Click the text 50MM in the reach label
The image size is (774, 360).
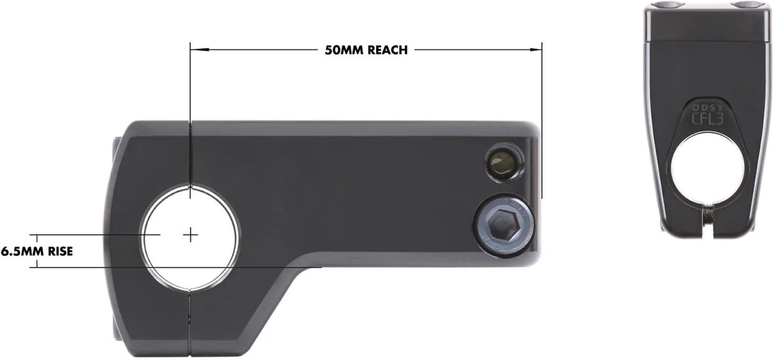(x=344, y=50)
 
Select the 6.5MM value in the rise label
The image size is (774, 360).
(x=22, y=251)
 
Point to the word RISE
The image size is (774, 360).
(x=59, y=251)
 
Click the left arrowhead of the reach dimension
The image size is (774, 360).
(x=194, y=48)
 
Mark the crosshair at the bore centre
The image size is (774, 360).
(x=190, y=235)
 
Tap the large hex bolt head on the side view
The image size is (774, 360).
(x=504, y=226)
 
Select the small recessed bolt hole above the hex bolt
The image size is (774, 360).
(x=502, y=165)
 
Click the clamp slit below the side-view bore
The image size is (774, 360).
(x=190, y=322)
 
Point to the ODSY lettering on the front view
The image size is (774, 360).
(x=708, y=108)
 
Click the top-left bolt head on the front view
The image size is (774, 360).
(x=667, y=6)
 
